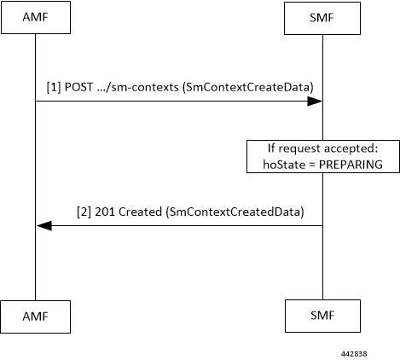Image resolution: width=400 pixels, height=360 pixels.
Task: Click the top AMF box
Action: click(36, 18)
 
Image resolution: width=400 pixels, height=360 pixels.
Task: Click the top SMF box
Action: click(322, 18)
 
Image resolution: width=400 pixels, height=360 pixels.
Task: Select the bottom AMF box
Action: click(36, 316)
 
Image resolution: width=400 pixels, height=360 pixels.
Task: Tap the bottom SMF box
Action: click(322, 316)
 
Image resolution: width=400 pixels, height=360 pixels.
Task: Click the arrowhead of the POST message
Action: click(315, 101)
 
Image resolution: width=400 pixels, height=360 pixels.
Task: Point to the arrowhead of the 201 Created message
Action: click(44, 226)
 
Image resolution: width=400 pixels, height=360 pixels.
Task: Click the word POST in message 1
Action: click(78, 87)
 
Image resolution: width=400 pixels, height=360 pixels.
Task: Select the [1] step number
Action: click(54, 87)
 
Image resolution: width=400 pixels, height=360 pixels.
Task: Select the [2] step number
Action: click(84, 212)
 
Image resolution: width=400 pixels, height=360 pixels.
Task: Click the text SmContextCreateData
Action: click(247, 87)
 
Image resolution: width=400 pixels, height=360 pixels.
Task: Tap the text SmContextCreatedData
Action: click(235, 212)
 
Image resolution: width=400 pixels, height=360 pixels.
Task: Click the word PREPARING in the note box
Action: click(351, 165)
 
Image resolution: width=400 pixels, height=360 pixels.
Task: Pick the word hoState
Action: click(284, 165)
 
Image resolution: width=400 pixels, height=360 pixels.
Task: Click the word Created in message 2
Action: click(140, 212)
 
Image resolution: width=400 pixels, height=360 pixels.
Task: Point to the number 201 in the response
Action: click(105, 212)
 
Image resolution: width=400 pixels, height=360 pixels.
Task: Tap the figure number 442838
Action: click(354, 354)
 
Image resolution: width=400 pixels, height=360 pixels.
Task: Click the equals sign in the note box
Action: click(312, 165)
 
